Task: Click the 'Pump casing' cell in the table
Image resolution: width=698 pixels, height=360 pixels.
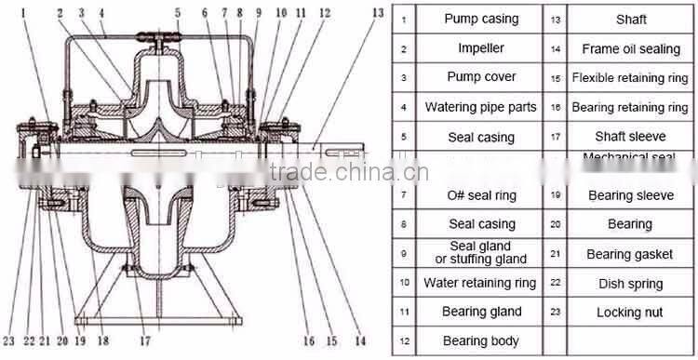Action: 481,19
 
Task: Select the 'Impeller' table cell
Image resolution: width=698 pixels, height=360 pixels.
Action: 481,48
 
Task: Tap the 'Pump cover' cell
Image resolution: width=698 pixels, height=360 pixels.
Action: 481,77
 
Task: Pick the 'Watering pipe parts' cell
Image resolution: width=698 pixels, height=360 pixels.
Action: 481,107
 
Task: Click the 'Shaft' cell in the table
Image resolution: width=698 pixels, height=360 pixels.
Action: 630,19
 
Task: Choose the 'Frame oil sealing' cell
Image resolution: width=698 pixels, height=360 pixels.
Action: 630,48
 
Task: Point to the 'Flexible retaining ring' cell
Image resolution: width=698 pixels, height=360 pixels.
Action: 630,78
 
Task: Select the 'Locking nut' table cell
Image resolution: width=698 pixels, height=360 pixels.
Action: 630,313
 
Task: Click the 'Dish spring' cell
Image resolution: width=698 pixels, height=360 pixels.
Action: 630,283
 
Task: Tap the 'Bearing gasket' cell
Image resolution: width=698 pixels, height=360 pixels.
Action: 630,253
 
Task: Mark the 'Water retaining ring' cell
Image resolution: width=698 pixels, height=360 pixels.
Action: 481,283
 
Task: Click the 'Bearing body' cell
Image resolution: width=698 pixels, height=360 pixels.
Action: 481,341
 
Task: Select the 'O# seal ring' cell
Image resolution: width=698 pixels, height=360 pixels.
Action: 481,195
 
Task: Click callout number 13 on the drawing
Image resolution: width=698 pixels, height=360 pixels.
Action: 375,12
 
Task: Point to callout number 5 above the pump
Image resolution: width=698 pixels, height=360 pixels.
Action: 177,12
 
